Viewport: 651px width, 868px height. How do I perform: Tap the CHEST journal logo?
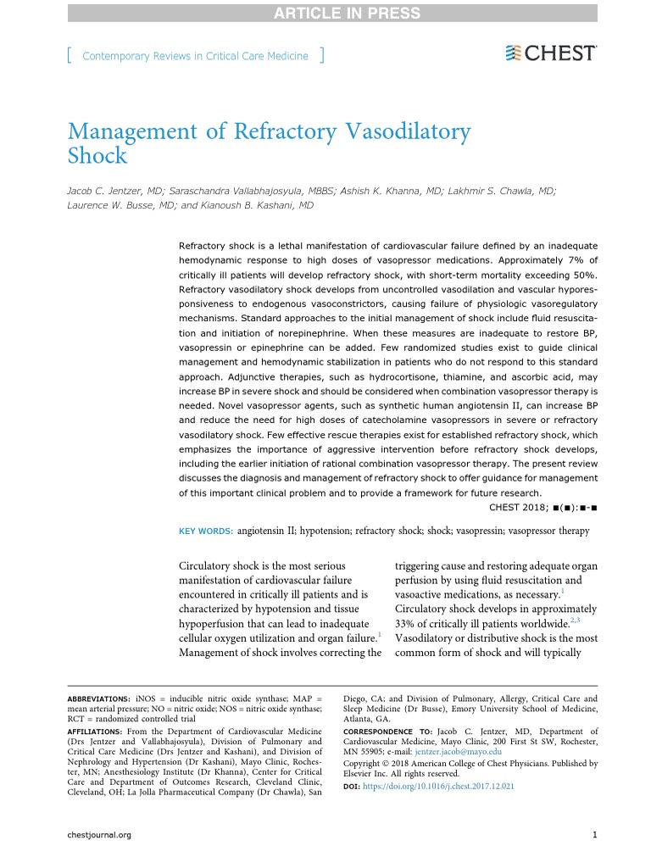point(551,53)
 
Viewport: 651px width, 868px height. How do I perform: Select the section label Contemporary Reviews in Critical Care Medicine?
point(196,56)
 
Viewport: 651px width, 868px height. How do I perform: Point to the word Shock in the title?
point(97,157)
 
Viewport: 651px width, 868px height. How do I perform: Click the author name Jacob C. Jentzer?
point(109,192)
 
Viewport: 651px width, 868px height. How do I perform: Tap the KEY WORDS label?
point(206,531)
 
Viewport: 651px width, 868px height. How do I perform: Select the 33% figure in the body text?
point(408,623)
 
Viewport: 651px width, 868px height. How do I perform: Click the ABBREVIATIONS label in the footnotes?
point(98,699)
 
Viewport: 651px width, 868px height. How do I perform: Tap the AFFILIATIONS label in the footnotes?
point(95,731)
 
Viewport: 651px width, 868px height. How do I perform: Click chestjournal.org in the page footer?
point(98,835)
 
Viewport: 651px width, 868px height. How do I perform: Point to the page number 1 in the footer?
point(595,835)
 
